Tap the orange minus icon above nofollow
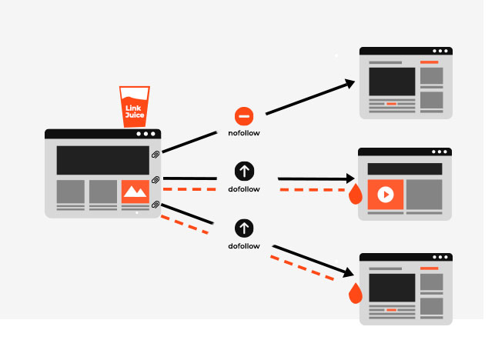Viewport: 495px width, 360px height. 243,117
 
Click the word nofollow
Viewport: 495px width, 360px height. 243,133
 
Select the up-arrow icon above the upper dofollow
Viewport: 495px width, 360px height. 243,172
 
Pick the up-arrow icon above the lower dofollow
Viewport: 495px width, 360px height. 243,228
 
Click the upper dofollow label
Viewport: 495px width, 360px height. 243,188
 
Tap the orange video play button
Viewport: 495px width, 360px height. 385,194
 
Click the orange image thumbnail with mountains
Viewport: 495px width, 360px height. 135,191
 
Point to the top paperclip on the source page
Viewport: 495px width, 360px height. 156,154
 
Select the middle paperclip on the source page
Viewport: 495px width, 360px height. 156,180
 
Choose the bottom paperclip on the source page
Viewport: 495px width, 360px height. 156,204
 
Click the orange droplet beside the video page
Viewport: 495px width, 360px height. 355,195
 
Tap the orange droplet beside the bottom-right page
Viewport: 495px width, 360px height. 355,293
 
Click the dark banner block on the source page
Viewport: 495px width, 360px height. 102,160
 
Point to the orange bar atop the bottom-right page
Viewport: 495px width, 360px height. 429,268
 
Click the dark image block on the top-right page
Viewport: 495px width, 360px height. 392,81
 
